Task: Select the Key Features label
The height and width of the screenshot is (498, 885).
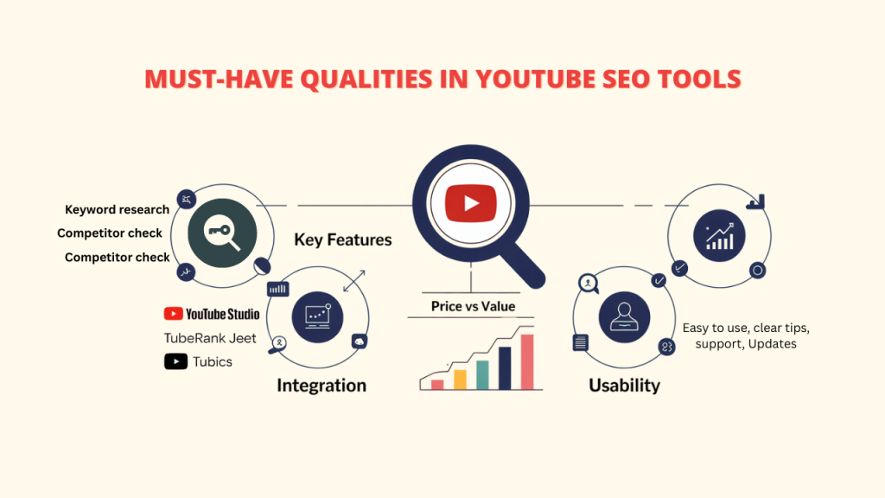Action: [x=342, y=239]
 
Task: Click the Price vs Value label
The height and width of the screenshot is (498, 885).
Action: [x=473, y=306]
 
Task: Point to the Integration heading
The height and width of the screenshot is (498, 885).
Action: [x=322, y=385]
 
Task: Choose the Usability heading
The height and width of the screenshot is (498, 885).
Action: [x=624, y=385]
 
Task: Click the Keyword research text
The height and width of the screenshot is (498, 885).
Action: [x=117, y=210]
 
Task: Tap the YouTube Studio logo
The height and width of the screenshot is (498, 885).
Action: [x=212, y=314]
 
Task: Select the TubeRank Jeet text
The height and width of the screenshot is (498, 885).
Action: [x=210, y=338]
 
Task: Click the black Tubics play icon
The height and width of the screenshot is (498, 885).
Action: [x=176, y=361]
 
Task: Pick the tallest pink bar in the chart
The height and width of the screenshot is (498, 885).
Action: [x=527, y=362]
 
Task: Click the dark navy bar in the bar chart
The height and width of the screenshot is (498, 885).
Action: [x=505, y=368]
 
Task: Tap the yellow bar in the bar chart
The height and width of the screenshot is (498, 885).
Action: [x=460, y=379]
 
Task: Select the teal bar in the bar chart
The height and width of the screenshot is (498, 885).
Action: [x=482, y=374]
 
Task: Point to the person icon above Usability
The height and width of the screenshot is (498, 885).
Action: [x=624, y=313]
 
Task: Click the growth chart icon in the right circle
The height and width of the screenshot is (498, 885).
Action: [x=719, y=235]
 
